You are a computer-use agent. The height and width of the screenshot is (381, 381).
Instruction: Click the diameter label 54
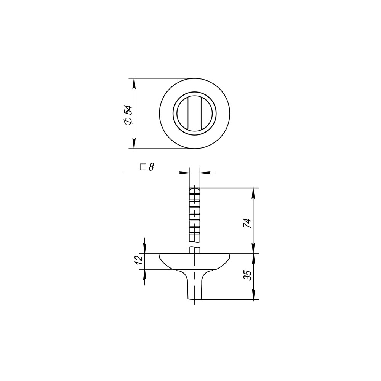click(x=128, y=110)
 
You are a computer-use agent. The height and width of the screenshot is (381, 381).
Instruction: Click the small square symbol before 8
click(x=143, y=167)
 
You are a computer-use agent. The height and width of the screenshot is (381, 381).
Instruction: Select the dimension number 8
click(x=151, y=167)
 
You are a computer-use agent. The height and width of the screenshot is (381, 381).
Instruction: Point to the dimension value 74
click(x=247, y=223)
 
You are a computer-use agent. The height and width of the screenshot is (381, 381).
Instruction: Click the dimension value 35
click(x=247, y=276)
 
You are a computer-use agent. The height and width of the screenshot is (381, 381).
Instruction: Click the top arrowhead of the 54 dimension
click(x=134, y=83)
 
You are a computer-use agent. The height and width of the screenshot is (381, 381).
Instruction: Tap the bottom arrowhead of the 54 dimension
click(x=134, y=143)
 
